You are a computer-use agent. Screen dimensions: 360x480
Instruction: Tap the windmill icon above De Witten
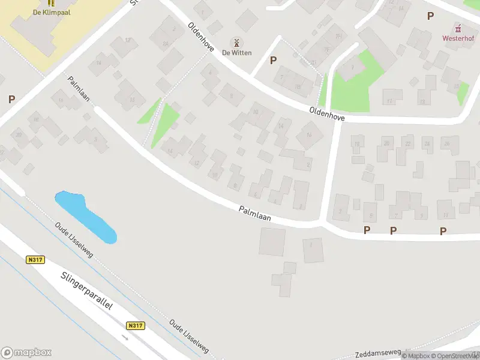point(236,43)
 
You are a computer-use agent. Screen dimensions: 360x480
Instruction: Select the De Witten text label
point(236,53)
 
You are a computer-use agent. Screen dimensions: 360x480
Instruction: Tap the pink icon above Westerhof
point(458,28)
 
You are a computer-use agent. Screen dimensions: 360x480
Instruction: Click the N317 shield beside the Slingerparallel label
point(35,260)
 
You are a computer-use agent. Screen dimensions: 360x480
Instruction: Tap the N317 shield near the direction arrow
point(136,325)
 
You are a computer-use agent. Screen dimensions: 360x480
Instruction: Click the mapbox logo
point(26,353)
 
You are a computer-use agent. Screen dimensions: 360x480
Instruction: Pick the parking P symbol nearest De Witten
point(274,60)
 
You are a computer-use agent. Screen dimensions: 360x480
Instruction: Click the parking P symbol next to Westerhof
point(430,16)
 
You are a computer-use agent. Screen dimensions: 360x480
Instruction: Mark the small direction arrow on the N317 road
point(125,337)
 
